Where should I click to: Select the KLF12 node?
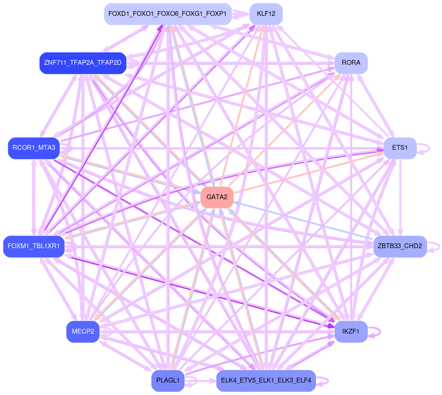coord(266,13)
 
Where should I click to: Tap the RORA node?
coord(351,63)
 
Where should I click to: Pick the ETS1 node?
coord(400,148)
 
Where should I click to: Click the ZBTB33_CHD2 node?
coord(400,246)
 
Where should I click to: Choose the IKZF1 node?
coord(351,331)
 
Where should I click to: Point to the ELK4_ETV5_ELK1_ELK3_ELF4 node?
coord(266,381)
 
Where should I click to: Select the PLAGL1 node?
coord(168,381)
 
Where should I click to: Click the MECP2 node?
coord(83,331)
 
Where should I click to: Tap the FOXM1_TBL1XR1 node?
coord(34,246)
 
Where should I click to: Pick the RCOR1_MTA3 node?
coord(34,148)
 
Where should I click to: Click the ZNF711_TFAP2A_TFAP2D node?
coord(83,63)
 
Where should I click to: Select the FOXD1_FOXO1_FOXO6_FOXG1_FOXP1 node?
coord(168,13)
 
